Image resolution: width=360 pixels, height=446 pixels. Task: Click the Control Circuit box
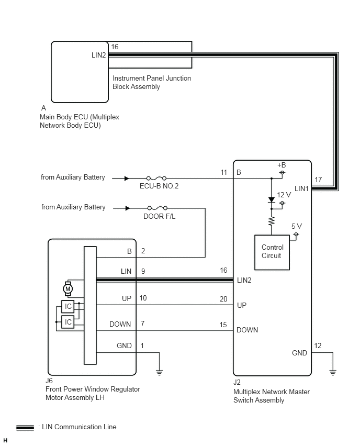click(272, 252)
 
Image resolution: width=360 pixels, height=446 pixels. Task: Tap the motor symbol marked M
click(67, 288)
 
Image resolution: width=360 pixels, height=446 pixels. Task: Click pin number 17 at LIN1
click(318, 180)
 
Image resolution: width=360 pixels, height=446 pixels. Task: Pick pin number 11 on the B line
click(224, 172)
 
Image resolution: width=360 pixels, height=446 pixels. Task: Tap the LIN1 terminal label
click(302, 188)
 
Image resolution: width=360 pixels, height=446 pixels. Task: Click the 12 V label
click(284, 195)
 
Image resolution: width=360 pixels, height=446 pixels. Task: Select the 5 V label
click(296, 226)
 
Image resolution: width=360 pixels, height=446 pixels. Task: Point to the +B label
click(282, 165)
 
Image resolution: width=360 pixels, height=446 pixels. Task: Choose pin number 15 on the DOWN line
click(223, 325)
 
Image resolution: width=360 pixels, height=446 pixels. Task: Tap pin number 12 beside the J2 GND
click(318, 345)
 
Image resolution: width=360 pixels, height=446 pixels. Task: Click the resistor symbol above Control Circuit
click(272, 221)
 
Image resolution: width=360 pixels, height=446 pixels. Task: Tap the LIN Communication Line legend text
click(77, 427)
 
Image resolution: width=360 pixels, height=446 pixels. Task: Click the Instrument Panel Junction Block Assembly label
click(152, 82)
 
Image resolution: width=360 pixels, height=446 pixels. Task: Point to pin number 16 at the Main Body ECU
click(115, 47)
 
